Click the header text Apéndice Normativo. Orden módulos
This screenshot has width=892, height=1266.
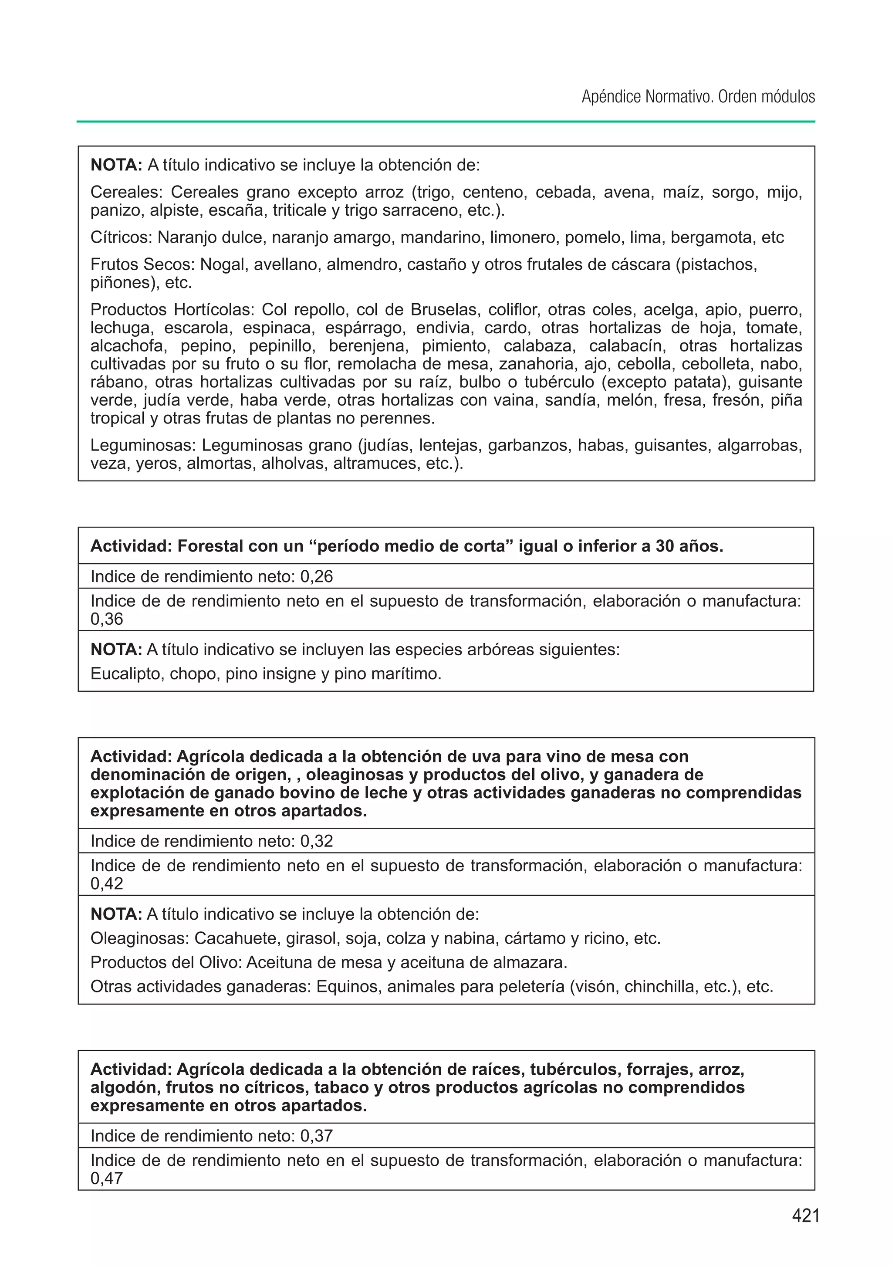[698, 97]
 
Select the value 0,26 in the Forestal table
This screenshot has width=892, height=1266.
[317, 577]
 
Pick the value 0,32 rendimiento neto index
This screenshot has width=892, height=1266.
[317, 841]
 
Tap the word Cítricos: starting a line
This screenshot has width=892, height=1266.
[121, 238]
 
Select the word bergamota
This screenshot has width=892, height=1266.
[713, 238]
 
